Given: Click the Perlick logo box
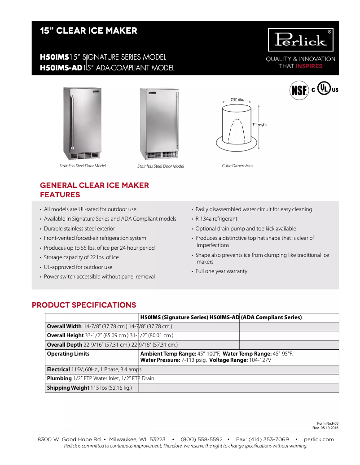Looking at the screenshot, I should point(301,40).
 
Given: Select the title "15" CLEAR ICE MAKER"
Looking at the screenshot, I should point(88,31).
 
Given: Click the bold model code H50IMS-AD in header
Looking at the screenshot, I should point(61,68).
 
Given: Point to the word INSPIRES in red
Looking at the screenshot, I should point(309,66).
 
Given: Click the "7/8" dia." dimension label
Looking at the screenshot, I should point(237,99).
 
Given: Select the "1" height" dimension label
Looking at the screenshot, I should point(259,124).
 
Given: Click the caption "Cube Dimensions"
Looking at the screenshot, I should point(237,166).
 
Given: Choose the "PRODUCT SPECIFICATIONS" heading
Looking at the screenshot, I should point(84,305).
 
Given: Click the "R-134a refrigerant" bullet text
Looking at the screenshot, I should point(216,219).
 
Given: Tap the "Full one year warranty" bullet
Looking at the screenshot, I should point(221,271).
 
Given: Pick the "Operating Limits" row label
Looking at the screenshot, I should point(68,354).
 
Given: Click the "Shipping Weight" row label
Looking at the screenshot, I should point(68,388).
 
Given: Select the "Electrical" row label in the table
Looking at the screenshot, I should point(58,369).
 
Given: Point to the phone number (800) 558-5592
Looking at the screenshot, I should point(202,439).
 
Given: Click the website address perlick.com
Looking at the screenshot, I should point(319,439).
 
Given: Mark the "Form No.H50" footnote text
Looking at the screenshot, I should point(328,423).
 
